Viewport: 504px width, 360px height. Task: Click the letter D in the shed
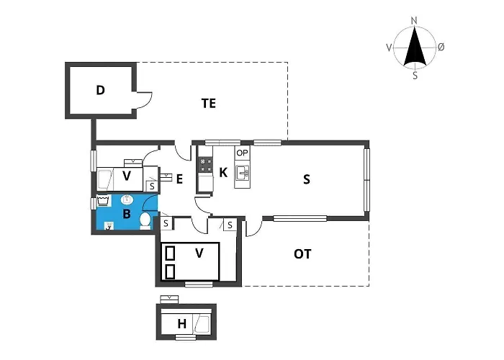click(x=101, y=90)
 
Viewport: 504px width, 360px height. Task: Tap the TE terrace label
click(x=209, y=104)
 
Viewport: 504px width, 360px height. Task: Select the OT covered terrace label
click(x=303, y=253)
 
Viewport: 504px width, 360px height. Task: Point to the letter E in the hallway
click(x=180, y=179)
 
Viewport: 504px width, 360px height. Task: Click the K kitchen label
click(x=223, y=173)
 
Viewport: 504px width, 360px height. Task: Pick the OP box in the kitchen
click(x=242, y=153)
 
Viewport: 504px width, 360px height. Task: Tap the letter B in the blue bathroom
click(x=127, y=214)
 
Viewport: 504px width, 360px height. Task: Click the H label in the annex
click(x=182, y=325)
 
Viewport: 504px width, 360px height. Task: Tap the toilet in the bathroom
click(x=145, y=220)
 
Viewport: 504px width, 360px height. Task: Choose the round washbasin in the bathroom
click(x=127, y=199)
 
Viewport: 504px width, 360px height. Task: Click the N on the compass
click(x=414, y=21)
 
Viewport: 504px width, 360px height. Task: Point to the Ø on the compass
click(x=441, y=47)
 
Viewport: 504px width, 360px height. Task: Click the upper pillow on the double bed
click(x=171, y=253)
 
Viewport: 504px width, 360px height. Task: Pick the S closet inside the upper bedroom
click(x=152, y=186)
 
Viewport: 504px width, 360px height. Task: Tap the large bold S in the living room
click(x=307, y=179)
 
